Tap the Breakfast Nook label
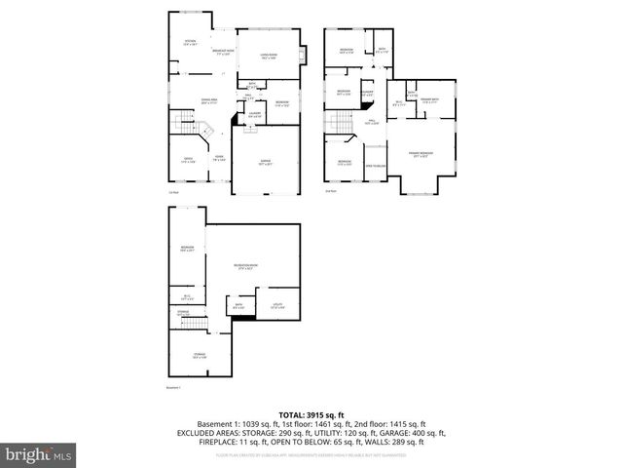pos(222,53)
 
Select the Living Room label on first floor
pos(269,57)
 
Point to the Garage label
pos(265,163)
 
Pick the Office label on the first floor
pos(189,161)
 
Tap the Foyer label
pos(220,159)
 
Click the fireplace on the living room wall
pos(304,56)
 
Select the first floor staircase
pos(185,125)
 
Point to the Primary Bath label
pos(429,100)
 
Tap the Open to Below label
pos(376,166)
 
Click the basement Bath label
pos(238,307)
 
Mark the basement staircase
pos(192,323)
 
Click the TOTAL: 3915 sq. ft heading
pos(311,415)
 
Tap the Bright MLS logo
pos(37,454)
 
